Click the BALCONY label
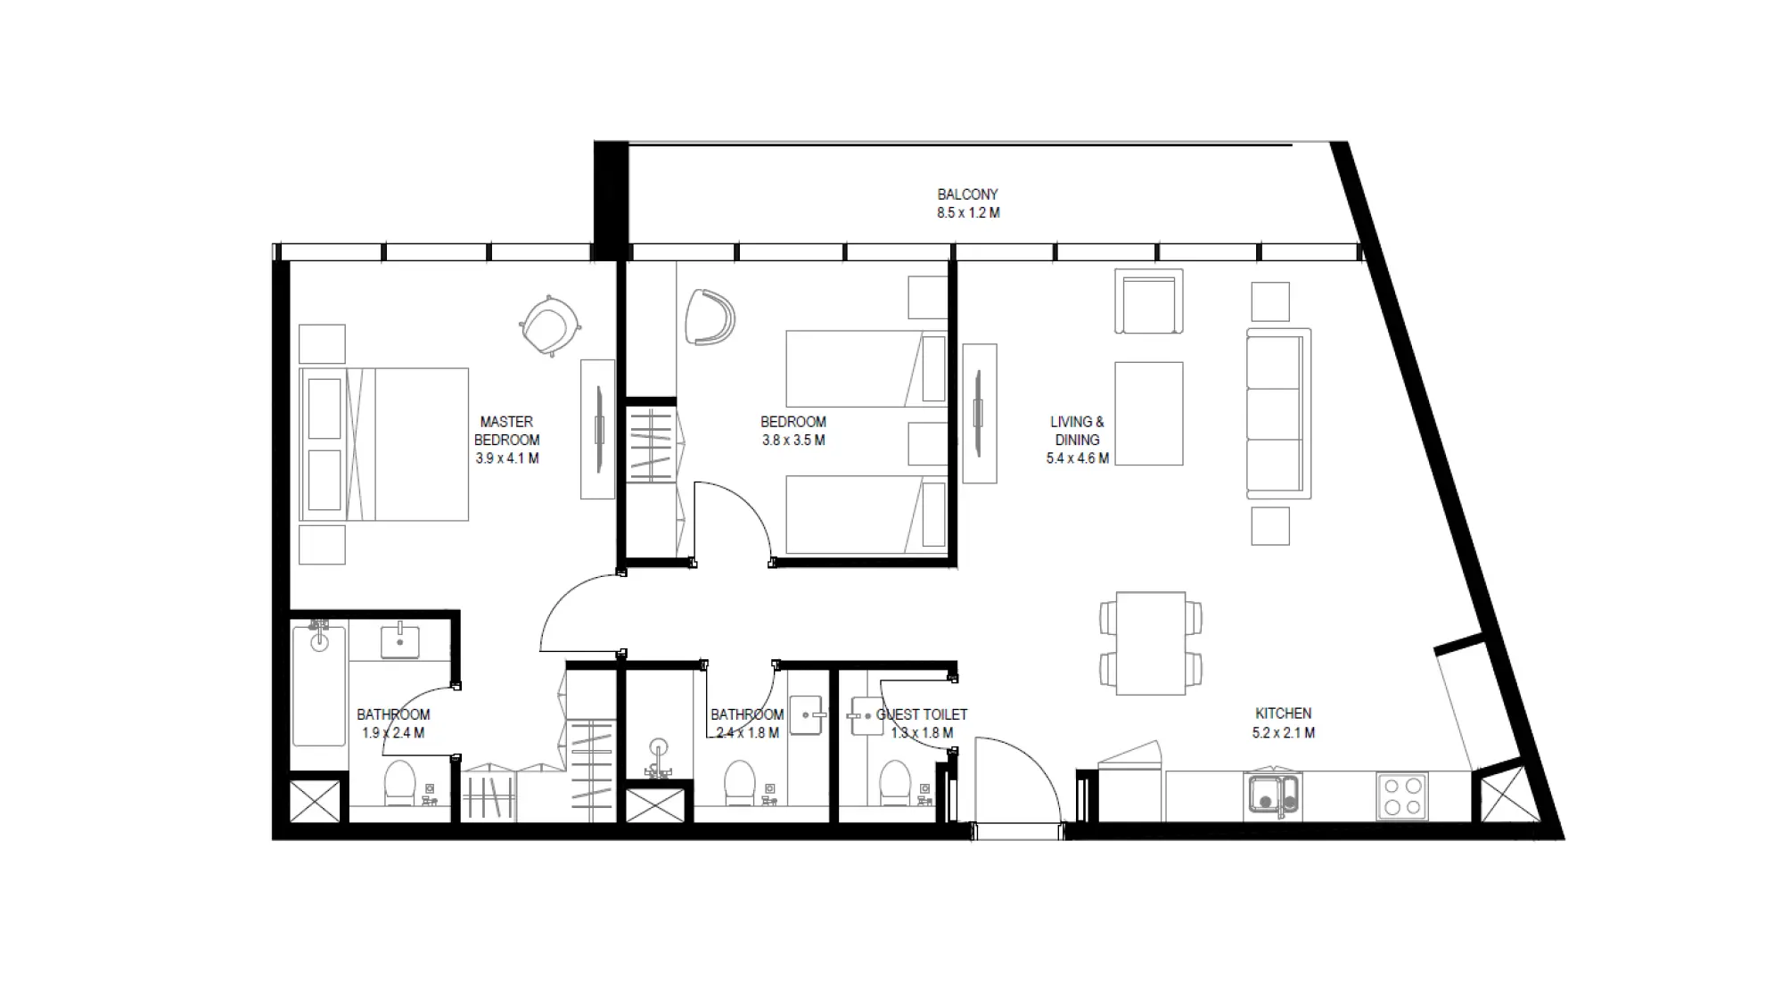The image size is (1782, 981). (x=967, y=194)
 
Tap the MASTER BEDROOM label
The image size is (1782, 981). (x=506, y=431)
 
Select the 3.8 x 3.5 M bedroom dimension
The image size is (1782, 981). (x=792, y=441)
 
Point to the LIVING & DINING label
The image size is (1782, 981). (x=1077, y=431)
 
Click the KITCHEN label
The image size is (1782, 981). (x=1283, y=713)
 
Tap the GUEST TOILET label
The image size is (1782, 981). (x=922, y=714)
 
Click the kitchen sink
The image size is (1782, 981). (x=1272, y=796)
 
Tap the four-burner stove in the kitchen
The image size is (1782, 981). (x=1402, y=796)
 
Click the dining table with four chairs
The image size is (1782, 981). (x=1150, y=643)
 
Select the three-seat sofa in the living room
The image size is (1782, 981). (x=1277, y=413)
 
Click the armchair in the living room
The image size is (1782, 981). (x=1148, y=302)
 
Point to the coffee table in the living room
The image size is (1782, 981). (x=1148, y=413)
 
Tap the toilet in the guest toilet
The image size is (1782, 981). (x=893, y=782)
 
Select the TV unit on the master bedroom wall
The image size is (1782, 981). (x=598, y=429)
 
